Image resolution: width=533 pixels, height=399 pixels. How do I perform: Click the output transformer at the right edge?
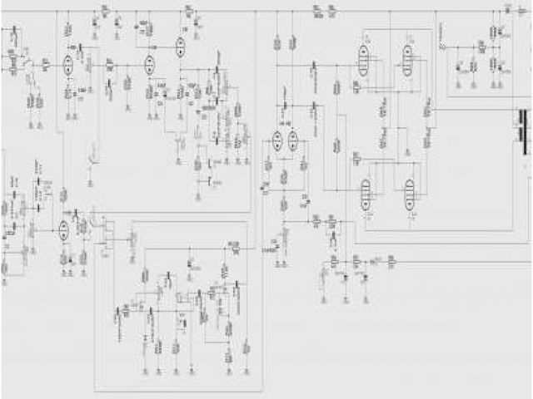[523, 133]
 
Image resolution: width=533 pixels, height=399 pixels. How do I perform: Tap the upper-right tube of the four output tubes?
[408, 58]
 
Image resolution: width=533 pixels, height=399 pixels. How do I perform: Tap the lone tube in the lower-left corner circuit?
[64, 229]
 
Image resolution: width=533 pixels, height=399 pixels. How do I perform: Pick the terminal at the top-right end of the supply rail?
[507, 9]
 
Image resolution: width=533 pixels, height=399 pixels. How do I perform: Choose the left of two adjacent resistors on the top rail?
[317, 11]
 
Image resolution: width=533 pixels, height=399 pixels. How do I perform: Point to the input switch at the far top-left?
[25, 63]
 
